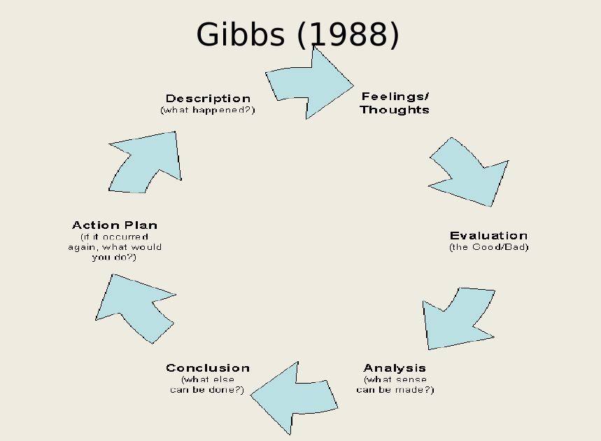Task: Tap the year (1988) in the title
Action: tap(348, 35)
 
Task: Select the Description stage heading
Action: tap(208, 99)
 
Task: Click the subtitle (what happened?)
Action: tap(208, 111)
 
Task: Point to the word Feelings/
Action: tap(395, 97)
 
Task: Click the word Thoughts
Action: tap(395, 110)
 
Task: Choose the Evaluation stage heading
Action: tap(488, 236)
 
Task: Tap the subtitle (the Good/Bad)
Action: tap(488, 248)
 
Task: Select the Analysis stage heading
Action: tap(395, 368)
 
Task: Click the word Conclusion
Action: tap(208, 368)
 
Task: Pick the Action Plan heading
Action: tap(115, 225)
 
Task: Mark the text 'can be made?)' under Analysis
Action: tap(395, 390)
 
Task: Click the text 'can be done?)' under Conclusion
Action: tap(207, 390)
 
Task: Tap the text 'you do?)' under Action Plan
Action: tap(114, 258)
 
